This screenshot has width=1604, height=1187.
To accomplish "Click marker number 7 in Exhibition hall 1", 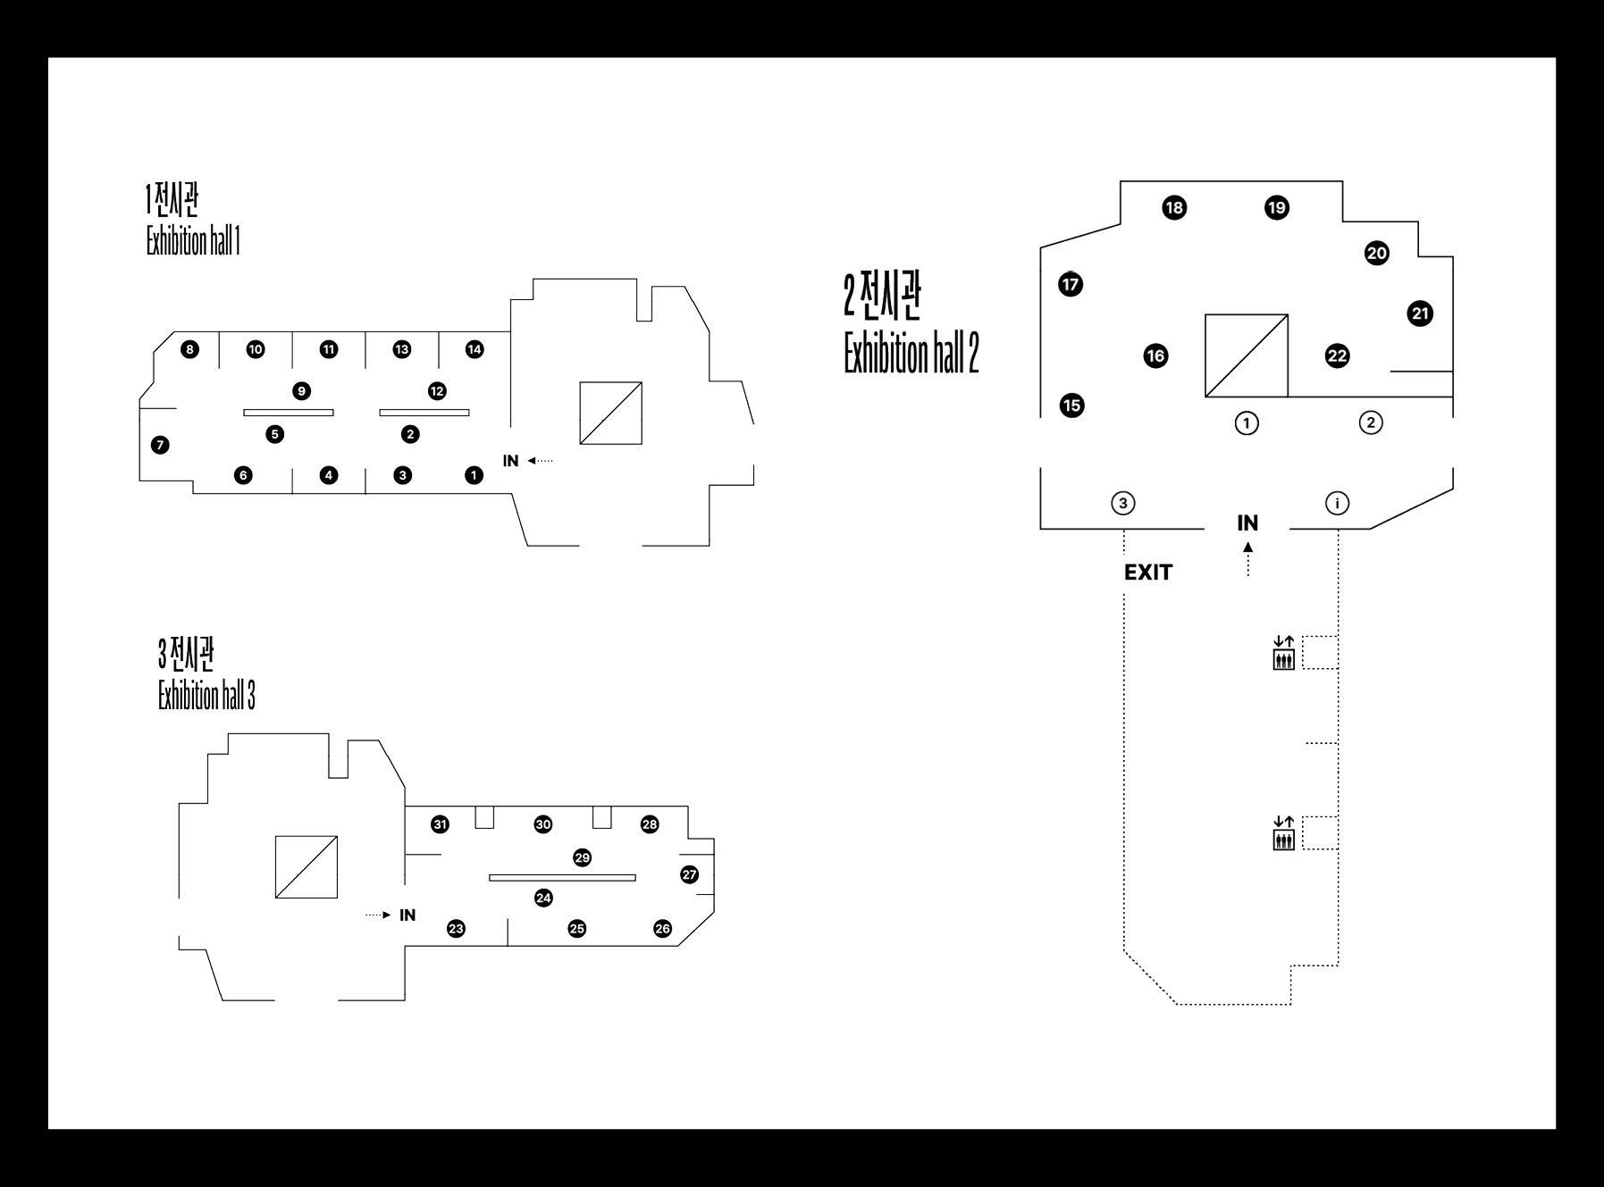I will [x=160, y=445].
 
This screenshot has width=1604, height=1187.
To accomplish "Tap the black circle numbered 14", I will [x=474, y=349].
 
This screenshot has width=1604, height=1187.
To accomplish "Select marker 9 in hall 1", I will [x=302, y=391].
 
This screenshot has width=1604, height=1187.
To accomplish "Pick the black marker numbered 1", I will [x=474, y=475].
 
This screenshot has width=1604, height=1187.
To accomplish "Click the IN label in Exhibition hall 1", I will [x=510, y=461].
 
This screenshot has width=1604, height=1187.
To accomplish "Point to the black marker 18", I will [x=1174, y=208].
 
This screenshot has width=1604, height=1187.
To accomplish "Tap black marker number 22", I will [x=1337, y=356].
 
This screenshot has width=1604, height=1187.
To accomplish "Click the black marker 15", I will [x=1071, y=405].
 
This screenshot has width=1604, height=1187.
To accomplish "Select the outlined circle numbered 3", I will [x=1123, y=503].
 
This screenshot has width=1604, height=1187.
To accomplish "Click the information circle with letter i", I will [x=1337, y=504].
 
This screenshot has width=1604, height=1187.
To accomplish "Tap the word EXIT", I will [x=1147, y=573].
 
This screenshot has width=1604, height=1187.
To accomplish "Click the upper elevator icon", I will [x=1283, y=653].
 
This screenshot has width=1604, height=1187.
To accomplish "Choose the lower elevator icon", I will [x=1283, y=833].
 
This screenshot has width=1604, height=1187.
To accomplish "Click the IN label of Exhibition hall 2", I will [x=1247, y=523].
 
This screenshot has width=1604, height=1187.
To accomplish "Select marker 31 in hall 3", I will [x=440, y=824].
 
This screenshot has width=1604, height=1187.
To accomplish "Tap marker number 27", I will [x=689, y=874].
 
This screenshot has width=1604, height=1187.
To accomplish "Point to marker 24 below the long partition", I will [x=543, y=898].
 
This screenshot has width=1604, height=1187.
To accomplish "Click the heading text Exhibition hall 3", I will [x=206, y=696].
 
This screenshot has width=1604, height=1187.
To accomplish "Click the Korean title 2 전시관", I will [x=882, y=297].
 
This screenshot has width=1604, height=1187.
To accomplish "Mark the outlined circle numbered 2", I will [x=1371, y=422].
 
